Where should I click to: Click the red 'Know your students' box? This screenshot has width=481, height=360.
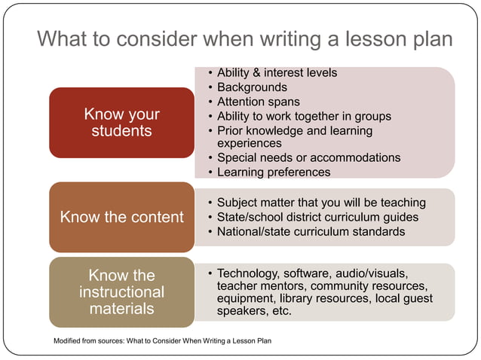(x=121, y=123)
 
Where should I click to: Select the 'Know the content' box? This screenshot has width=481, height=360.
(x=121, y=217)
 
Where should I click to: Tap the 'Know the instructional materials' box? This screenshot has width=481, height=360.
(x=121, y=291)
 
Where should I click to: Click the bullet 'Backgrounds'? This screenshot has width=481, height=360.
(x=252, y=87)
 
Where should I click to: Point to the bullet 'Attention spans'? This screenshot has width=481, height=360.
(x=258, y=102)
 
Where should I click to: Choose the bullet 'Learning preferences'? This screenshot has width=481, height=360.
(x=273, y=172)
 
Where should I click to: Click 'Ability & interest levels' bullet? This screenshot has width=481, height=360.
(x=277, y=73)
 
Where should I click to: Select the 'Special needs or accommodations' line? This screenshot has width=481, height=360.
(x=308, y=157)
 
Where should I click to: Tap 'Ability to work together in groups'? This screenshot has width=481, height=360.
(x=304, y=116)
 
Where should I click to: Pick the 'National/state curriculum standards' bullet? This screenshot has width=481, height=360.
(x=311, y=231)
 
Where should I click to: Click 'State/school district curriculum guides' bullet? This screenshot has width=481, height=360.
(x=317, y=217)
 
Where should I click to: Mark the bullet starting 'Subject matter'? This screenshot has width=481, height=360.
(x=321, y=203)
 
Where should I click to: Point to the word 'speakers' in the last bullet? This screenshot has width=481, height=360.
(x=241, y=311)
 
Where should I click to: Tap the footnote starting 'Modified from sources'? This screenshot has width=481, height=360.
(x=162, y=341)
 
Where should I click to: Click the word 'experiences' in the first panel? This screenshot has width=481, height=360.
(x=250, y=143)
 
